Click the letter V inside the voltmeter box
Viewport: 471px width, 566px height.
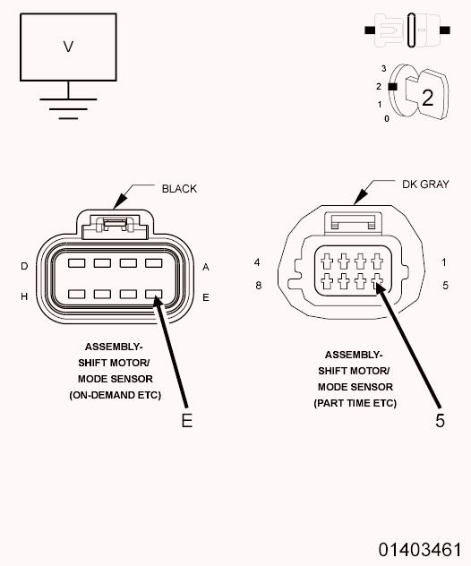(x=68, y=47)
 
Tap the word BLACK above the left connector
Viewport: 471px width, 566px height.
(x=179, y=189)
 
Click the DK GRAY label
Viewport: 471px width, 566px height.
(x=425, y=184)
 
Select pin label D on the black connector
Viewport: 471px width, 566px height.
(x=24, y=266)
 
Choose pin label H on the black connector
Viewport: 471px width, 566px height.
(x=24, y=296)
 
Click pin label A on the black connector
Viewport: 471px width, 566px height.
(x=206, y=267)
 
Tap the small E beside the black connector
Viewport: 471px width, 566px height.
(x=206, y=297)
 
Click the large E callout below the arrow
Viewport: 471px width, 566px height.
(x=187, y=420)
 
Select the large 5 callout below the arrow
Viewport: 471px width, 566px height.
(x=440, y=420)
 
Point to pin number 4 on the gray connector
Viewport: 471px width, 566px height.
(x=257, y=262)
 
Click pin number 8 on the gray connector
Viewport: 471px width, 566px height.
(x=259, y=285)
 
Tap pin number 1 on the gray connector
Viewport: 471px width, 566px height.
(x=444, y=262)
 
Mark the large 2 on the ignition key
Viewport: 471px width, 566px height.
(x=428, y=98)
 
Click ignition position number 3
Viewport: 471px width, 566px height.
(x=383, y=68)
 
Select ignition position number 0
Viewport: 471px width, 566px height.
(x=387, y=118)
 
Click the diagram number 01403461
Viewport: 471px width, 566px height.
(x=420, y=550)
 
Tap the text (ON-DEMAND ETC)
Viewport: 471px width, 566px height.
(x=116, y=395)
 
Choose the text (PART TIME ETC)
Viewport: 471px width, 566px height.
(x=355, y=403)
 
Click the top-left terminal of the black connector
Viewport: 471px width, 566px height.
(x=77, y=262)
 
